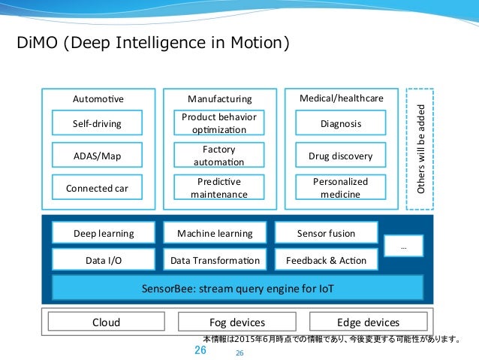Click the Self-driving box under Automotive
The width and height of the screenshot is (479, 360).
(x=97, y=123)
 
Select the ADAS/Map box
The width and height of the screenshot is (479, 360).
(x=97, y=155)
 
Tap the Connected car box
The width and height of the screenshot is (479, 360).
(x=97, y=187)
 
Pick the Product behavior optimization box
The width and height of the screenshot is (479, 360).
(x=219, y=123)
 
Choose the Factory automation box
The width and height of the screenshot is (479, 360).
(x=219, y=155)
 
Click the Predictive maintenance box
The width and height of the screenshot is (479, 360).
(x=219, y=187)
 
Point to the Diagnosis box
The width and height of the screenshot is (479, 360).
(x=341, y=123)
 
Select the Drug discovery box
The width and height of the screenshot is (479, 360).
(x=341, y=155)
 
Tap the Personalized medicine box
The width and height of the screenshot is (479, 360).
(x=341, y=187)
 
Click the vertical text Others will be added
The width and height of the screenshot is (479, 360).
(x=420, y=149)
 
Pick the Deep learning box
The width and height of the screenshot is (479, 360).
(x=104, y=233)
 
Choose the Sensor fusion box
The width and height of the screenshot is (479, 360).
(x=327, y=233)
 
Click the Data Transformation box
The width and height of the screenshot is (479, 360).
(x=215, y=259)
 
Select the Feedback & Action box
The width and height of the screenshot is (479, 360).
(x=327, y=259)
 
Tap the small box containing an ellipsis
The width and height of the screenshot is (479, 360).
(x=403, y=246)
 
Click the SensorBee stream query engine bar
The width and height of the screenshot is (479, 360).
(x=238, y=288)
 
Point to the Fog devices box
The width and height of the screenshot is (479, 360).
(x=237, y=322)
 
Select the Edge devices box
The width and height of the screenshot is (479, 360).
(x=369, y=322)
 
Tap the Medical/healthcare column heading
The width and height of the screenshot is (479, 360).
(x=342, y=98)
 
